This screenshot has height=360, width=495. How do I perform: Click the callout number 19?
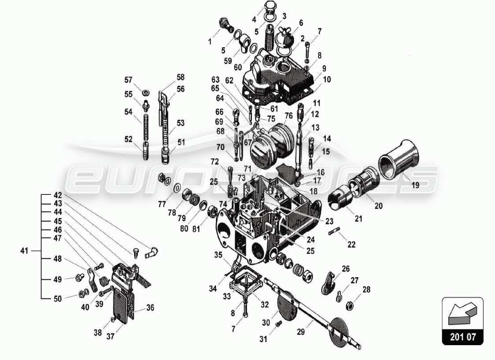pos(415,184)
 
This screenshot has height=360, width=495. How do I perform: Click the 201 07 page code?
pos(462,336)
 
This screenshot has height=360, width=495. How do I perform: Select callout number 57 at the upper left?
pos(129,80)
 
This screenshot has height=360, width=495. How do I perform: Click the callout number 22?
pos(351,244)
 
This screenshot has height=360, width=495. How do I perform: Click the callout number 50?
pos(58,298)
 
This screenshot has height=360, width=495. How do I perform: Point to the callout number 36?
pos(150,308)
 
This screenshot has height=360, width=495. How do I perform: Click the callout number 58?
pos(180,77)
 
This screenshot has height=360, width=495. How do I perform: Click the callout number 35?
pos(218,255)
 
